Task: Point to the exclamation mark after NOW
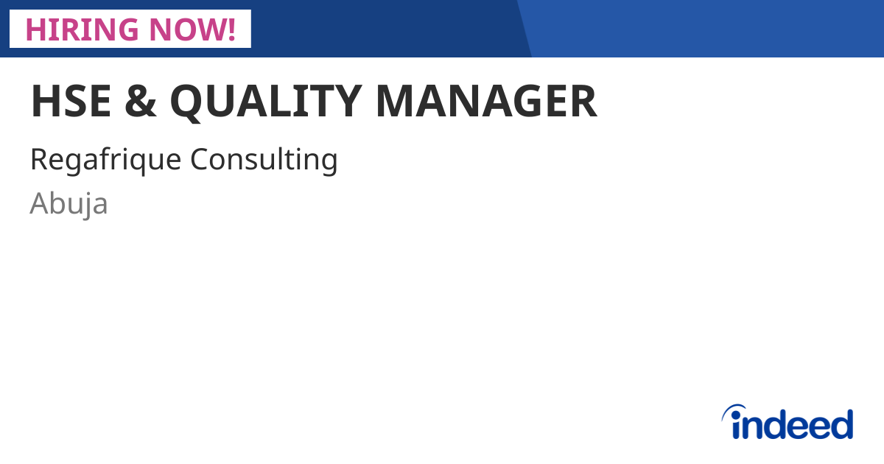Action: tap(231, 29)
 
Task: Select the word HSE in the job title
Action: tap(71, 102)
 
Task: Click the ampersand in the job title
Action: tap(140, 102)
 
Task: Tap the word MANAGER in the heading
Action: tap(486, 102)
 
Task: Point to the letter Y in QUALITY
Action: tap(346, 102)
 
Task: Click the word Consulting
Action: tap(264, 160)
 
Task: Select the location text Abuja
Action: tap(69, 204)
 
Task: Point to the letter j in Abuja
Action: tap(89, 205)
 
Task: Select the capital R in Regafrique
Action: tap(38, 159)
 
